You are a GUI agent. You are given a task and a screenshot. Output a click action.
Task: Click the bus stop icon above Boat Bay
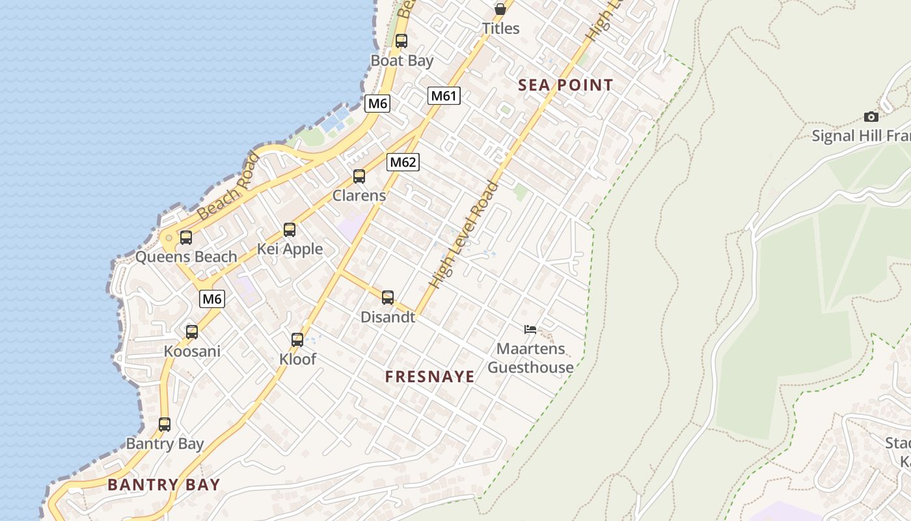pyautogui.click(x=401, y=41)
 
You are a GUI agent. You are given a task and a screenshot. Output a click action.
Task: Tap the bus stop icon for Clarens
pyautogui.click(x=359, y=176)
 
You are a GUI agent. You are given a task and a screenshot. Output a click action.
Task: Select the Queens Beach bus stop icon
pyautogui.click(x=186, y=238)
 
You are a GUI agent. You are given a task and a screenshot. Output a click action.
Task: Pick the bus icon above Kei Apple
pyautogui.click(x=290, y=230)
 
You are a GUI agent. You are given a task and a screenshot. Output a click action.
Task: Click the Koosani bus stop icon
pyautogui.click(x=192, y=332)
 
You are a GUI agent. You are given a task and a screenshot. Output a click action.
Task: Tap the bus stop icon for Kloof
pyautogui.click(x=297, y=340)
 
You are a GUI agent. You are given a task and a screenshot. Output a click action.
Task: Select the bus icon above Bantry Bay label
pyautogui.click(x=165, y=425)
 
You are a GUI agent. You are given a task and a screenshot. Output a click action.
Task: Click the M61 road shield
pyautogui.click(x=444, y=96)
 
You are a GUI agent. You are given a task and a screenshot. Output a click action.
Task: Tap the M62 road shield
pyautogui.click(x=403, y=162)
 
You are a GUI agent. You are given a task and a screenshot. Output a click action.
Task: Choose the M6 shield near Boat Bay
pyautogui.click(x=377, y=103)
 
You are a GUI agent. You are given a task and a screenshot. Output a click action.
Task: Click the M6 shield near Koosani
pyautogui.click(x=212, y=299)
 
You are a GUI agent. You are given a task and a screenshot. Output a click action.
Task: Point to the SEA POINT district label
pyautogui.click(x=565, y=85)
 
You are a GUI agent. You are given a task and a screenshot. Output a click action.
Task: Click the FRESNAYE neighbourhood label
pyautogui.click(x=429, y=376)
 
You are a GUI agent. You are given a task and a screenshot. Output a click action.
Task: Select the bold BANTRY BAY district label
pyautogui.click(x=164, y=485)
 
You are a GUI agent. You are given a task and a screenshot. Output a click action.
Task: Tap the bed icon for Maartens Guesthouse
pyautogui.click(x=530, y=330)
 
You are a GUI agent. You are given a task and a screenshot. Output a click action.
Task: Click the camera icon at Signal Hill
pyautogui.click(x=871, y=117)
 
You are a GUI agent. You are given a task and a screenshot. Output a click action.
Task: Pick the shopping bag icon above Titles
pyautogui.click(x=500, y=9)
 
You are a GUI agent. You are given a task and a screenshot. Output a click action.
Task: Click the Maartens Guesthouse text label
pyautogui.click(x=531, y=358)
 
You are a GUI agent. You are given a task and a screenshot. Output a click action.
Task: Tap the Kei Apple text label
pyautogui.click(x=290, y=249)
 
